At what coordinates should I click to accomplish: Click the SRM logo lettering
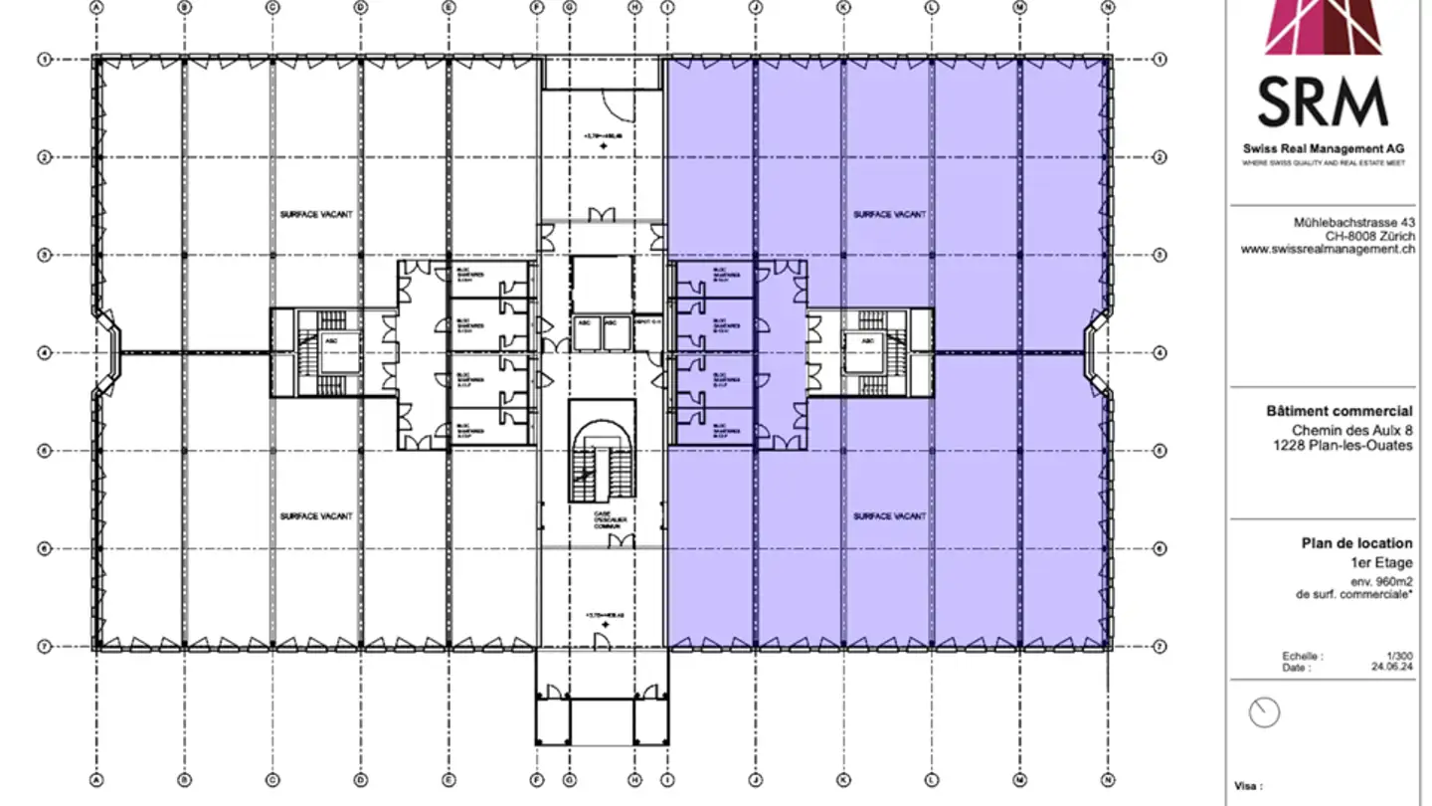[1322, 101]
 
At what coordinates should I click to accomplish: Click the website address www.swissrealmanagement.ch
[1328, 251]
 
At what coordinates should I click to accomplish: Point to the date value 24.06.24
[1392, 669]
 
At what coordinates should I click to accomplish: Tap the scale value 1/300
[1400, 657]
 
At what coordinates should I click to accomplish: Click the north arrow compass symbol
[1264, 712]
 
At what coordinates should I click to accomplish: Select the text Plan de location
[1356, 543]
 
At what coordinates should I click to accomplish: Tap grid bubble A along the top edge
[96, 6]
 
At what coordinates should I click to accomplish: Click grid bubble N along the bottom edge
[1108, 781]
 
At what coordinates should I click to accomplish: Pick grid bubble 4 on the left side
[44, 352]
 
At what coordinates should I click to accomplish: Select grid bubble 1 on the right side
[1160, 60]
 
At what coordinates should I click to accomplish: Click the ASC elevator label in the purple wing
[868, 340]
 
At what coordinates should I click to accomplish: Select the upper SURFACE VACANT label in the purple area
[889, 214]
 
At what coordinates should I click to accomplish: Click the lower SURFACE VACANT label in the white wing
[316, 516]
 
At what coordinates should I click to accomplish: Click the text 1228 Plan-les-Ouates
[1342, 446]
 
